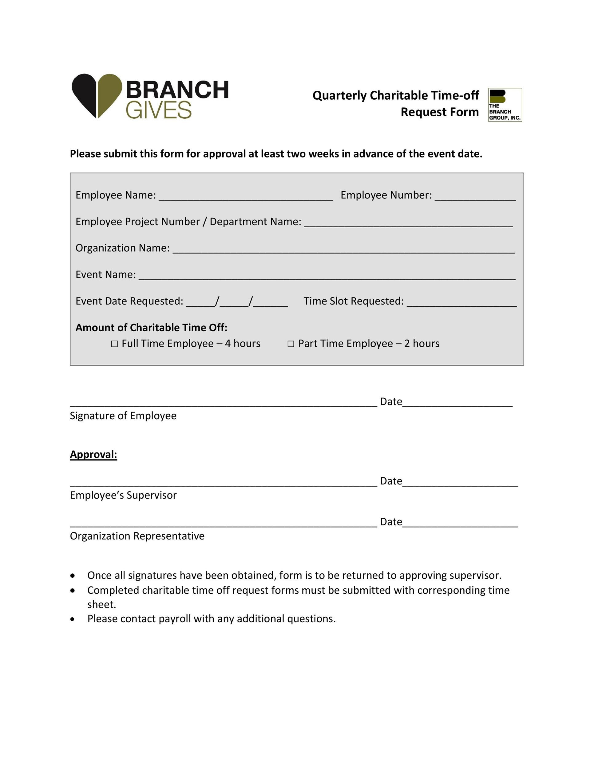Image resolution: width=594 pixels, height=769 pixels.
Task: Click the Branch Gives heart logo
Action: click(97, 95)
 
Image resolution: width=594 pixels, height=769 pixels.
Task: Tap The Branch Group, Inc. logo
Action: click(505, 105)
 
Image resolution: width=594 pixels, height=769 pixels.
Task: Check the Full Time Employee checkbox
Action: click(114, 344)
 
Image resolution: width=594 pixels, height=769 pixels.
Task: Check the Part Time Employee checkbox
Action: click(291, 344)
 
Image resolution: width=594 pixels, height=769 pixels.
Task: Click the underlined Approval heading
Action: click(93, 454)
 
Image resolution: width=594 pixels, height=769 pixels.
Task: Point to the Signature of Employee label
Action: click(123, 416)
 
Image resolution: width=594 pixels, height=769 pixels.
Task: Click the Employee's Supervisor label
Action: click(123, 495)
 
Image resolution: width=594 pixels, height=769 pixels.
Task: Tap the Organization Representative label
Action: click(137, 536)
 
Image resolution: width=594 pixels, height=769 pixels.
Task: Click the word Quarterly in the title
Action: click(339, 95)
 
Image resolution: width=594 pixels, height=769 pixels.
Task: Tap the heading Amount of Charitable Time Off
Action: click(151, 328)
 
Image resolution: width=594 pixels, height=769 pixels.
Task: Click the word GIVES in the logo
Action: click(158, 110)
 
